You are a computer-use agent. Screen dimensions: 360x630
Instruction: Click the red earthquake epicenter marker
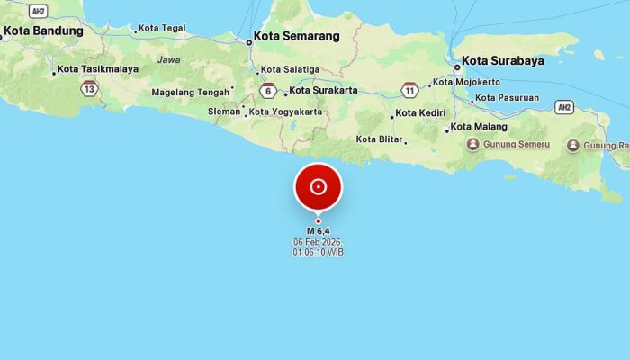click(x=318, y=187)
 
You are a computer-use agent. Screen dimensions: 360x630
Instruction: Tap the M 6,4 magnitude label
click(x=318, y=231)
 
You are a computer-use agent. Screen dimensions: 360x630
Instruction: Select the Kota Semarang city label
click(x=296, y=37)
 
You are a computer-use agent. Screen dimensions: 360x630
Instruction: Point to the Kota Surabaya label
click(x=503, y=63)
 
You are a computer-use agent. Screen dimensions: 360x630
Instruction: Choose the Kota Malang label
click(x=480, y=128)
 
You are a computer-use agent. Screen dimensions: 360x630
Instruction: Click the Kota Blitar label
click(x=378, y=139)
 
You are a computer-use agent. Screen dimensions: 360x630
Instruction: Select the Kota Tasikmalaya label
click(x=98, y=69)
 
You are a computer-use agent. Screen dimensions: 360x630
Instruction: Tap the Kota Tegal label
click(x=163, y=28)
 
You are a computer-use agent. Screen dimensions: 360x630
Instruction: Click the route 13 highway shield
click(x=88, y=88)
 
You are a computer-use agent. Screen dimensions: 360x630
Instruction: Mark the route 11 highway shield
click(x=409, y=90)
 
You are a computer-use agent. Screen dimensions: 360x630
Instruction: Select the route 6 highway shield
click(x=268, y=90)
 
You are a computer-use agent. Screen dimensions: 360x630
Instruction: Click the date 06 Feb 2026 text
click(x=318, y=243)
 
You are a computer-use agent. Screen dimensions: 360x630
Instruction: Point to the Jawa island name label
click(x=168, y=59)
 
